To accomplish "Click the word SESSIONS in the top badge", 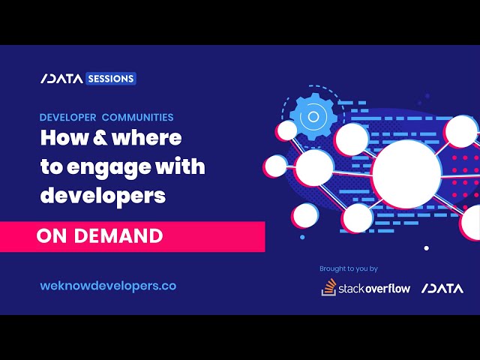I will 111,78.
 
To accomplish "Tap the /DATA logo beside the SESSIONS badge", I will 61,78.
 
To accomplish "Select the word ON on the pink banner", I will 50,236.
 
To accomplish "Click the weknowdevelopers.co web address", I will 108,286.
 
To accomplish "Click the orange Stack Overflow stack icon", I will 328,286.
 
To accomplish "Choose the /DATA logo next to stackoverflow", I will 442,288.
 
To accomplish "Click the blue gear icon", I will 310,116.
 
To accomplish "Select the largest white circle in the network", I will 406,173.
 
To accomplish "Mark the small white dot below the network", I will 427,247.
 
